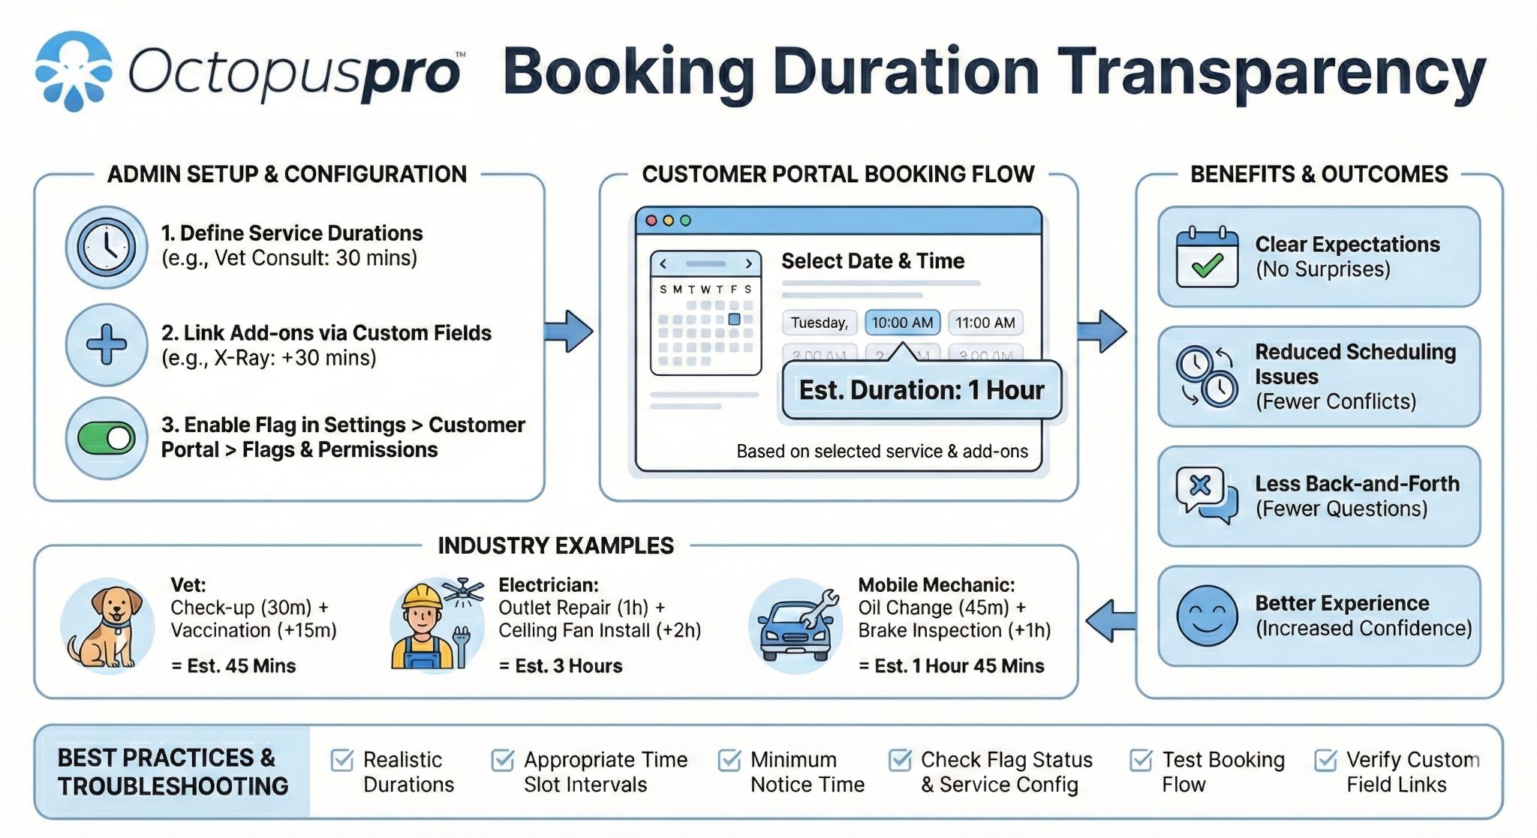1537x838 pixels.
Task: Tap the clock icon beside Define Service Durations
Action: (106, 247)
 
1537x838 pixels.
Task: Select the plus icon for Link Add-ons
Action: (106, 344)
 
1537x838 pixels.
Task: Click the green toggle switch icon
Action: (106, 439)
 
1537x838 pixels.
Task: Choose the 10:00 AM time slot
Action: (902, 323)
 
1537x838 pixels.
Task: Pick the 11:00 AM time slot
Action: (985, 323)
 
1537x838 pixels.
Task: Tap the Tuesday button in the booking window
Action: (819, 323)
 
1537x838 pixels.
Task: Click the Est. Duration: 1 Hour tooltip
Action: (922, 390)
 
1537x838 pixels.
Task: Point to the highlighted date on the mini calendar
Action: (734, 319)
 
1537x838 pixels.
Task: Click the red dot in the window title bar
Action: (651, 221)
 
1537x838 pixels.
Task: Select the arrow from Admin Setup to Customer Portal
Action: (569, 331)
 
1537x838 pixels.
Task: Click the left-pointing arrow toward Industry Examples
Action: (1110, 620)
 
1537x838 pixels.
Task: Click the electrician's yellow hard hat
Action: (422, 597)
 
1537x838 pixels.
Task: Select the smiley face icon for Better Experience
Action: (1207, 617)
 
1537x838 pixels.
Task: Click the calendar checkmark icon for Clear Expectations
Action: (1207, 257)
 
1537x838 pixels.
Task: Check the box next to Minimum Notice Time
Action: (729, 760)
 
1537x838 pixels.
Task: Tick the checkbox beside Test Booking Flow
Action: (1141, 760)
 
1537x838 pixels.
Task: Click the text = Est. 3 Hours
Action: (561, 665)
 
